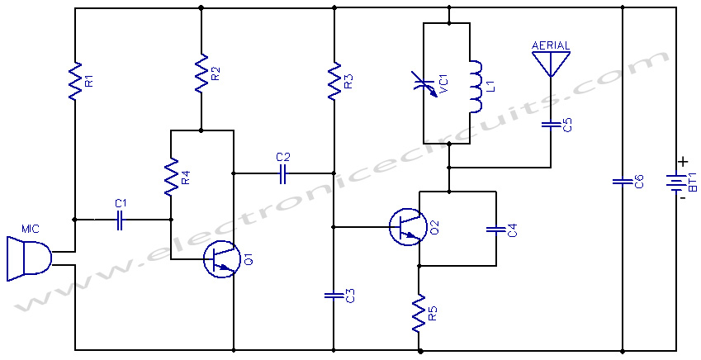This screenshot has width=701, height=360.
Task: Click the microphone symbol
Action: (x=29, y=259)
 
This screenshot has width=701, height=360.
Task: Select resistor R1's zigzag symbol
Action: (x=75, y=81)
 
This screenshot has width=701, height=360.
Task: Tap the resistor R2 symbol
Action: (x=201, y=73)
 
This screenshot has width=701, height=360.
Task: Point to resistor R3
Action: (x=334, y=81)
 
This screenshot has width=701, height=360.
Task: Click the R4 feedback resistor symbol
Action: (x=171, y=177)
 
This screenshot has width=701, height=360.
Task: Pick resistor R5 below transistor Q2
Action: (x=419, y=313)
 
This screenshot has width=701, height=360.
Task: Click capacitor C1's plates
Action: (x=120, y=220)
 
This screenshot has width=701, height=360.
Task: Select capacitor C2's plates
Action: (x=282, y=173)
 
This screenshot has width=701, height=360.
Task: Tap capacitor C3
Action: (x=334, y=295)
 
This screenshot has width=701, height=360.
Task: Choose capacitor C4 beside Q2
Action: (x=495, y=230)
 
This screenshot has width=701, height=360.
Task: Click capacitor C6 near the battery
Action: (x=623, y=181)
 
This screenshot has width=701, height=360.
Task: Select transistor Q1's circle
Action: (x=219, y=259)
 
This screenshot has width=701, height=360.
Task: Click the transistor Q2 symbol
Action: (x=405, y=227)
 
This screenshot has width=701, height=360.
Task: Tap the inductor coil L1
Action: (x=476, y=87)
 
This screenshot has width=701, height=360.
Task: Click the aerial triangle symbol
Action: (x=551, y=64)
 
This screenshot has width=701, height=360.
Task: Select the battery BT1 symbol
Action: (x=675, y=181)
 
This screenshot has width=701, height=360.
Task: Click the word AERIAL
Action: (x=551, y=45)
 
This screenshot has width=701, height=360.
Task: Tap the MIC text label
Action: (x=31, y=229)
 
